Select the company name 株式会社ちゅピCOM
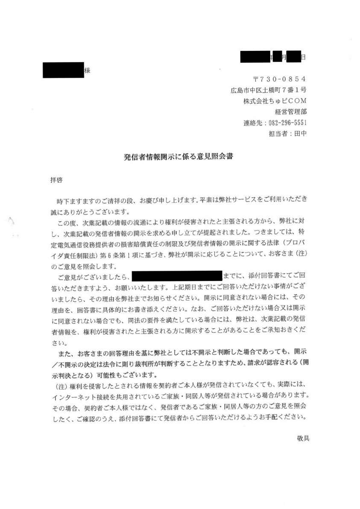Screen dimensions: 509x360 [x=274, y=101]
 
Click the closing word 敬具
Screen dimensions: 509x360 [x=303, y=439]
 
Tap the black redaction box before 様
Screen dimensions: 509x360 [x=63, y=70]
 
